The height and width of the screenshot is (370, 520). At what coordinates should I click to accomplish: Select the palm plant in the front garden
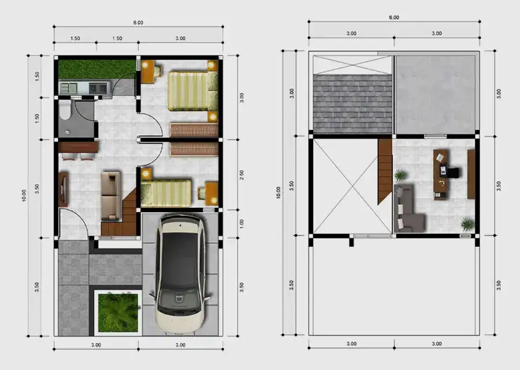point(118,312)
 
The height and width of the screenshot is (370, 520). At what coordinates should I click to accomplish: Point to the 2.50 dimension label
point(242,174)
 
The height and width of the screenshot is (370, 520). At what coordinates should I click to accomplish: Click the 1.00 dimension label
point(242,223)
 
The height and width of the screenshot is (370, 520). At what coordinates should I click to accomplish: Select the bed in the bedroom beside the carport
point(166,193)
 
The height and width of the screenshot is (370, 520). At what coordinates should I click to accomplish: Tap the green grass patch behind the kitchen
point(96,69)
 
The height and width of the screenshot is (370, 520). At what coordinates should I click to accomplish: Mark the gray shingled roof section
point(352,103)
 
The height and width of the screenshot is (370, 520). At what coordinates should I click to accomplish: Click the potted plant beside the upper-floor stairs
point(400,175)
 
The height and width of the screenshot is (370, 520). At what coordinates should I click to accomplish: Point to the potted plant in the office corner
point(467,224)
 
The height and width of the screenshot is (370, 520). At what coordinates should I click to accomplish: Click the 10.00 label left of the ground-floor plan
point(25,195)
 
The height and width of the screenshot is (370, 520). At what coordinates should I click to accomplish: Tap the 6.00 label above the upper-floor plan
point(393,17)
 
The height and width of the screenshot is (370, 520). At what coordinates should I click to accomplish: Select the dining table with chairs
point(78,150)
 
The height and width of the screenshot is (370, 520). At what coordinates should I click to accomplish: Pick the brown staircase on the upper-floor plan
point(385,171)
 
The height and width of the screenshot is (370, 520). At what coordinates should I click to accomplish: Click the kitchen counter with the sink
point(84,88)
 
